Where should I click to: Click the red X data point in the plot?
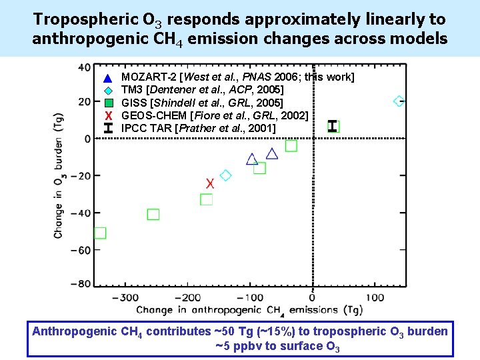210,183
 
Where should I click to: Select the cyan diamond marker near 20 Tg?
399,101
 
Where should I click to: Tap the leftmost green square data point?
100,233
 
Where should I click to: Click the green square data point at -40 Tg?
153,214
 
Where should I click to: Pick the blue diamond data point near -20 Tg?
225,175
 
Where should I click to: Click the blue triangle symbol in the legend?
109,78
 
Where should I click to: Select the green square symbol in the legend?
109,103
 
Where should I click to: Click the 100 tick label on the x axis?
375,297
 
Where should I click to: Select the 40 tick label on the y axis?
85,67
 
